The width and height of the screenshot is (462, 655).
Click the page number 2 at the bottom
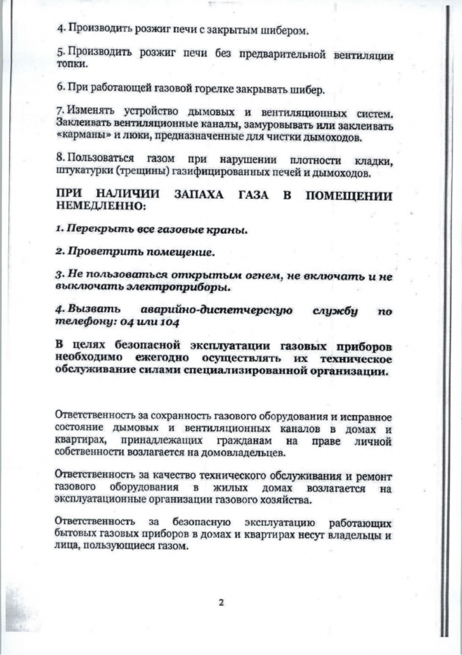220,602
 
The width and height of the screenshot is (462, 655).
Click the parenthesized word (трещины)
155,173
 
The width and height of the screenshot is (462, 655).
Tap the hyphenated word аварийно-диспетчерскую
215,311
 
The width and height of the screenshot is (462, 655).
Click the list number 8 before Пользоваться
59,161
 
